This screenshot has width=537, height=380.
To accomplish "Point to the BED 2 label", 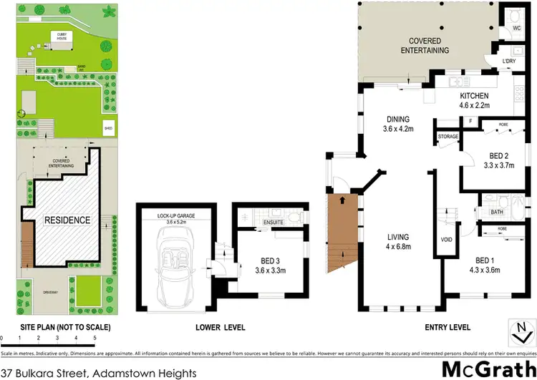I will (x=492, y=156).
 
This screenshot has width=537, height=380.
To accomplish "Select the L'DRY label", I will (x=509, y=62).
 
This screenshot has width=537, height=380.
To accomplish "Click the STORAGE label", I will (x=447, y=135).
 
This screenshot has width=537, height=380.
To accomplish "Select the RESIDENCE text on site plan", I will (x=64, y=220).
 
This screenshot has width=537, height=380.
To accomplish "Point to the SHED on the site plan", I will (x=109, y=130).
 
